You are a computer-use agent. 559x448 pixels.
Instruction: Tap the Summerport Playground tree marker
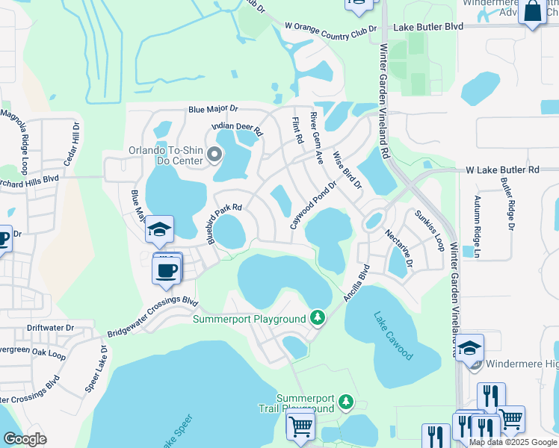318,319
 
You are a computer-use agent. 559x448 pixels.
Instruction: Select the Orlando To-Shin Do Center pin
215,155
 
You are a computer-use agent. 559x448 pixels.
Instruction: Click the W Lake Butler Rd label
503,170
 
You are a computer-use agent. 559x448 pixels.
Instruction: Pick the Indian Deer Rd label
238,128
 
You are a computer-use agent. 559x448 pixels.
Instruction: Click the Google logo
25,439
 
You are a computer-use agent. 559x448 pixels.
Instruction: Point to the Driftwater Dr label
51,328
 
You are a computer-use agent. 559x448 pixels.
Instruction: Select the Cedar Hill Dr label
73,145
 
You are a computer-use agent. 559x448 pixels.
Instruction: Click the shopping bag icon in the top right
533,12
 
